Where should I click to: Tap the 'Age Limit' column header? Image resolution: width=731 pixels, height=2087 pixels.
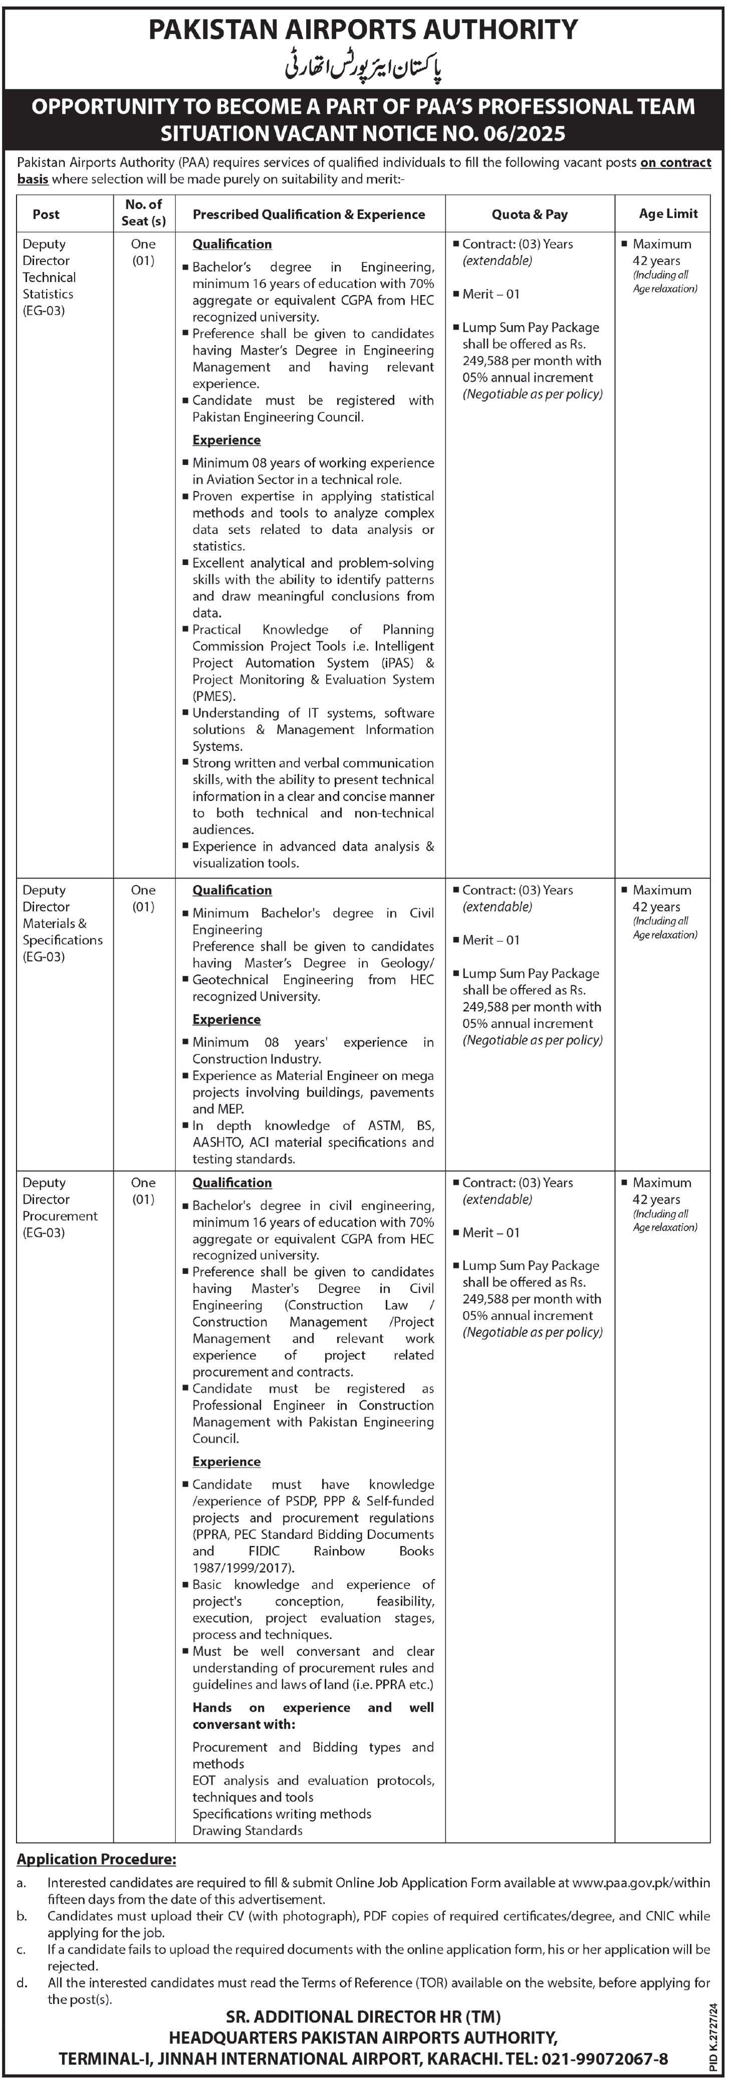pos(668,214)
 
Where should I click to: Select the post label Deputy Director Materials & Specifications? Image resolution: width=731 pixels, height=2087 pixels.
pos(62,923)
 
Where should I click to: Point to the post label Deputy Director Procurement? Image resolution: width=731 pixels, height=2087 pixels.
pos(59,1207)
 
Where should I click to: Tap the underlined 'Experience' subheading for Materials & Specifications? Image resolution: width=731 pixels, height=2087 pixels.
pos(226,1019)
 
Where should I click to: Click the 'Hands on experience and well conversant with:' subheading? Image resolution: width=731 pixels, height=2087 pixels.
pos(313,1716)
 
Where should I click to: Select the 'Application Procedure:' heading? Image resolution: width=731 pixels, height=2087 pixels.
pos(96,1860)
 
